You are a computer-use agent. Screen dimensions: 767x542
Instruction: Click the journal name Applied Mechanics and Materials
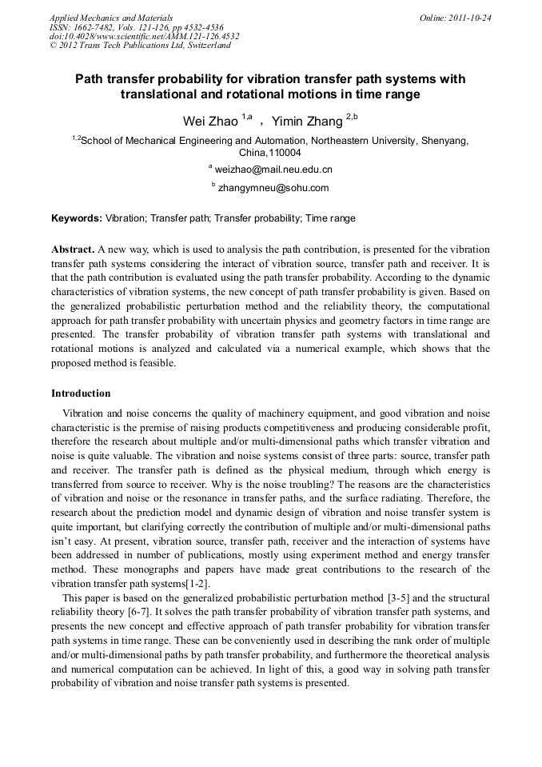[111, 18]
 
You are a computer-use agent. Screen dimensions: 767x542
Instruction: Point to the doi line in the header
[145, 36]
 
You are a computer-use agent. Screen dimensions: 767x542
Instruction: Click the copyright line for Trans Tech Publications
[140, 46]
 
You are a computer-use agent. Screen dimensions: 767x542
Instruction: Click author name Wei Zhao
[211, 122]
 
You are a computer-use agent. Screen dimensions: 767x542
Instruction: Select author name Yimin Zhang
[308, 122]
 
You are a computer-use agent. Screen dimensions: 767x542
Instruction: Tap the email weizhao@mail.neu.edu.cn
[273, 170]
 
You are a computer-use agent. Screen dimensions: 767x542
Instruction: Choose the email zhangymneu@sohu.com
[273, 188]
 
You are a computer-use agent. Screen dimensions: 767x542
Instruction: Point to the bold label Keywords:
[77, 218]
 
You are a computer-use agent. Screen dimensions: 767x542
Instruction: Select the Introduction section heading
[81, 393]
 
